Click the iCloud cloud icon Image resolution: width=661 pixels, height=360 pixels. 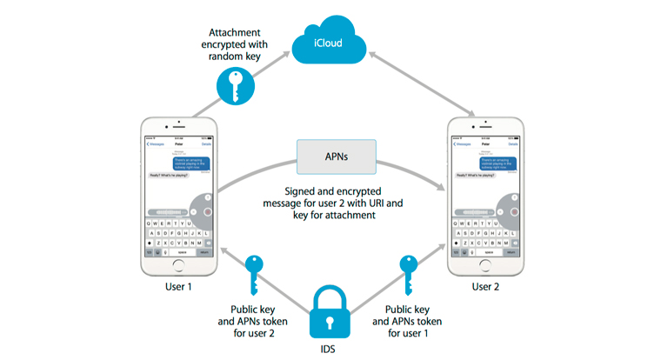pos(330,43)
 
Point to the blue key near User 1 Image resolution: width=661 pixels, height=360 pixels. pos(253,273)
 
